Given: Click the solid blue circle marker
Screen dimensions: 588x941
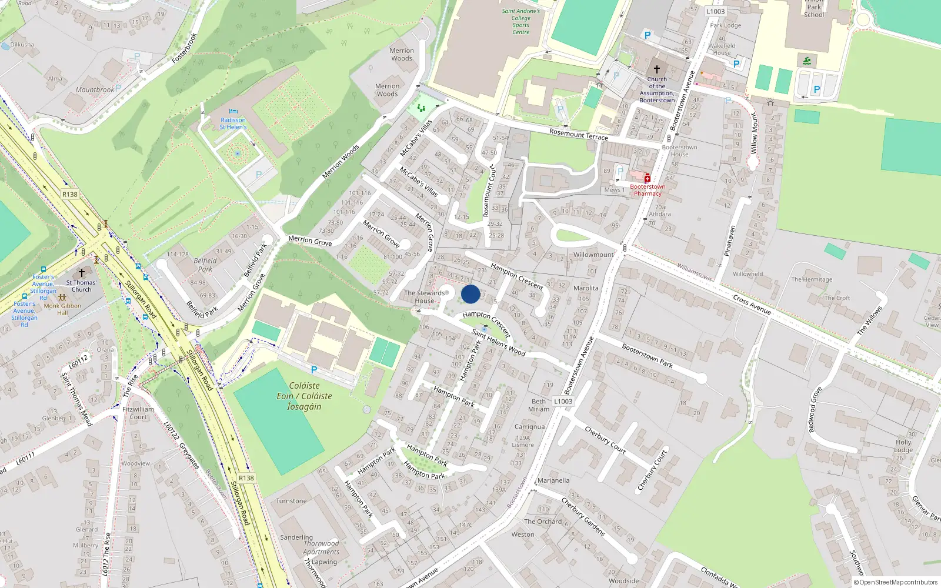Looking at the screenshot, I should (x=470, y=294).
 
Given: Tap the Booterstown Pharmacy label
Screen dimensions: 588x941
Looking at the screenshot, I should (x=648, y=190).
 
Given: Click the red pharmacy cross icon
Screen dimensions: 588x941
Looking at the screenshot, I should (x=648, y=178).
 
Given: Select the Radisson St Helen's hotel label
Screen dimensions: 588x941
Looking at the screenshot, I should (x=233, y=123).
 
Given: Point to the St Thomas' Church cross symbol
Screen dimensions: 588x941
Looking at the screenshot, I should (x=82, y=273).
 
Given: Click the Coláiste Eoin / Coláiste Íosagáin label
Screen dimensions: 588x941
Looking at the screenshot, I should (x=305, y=396).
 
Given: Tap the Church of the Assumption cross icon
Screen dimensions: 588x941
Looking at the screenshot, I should (x=657, y=69).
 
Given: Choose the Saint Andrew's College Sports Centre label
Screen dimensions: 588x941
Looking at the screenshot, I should (x=520, y=22).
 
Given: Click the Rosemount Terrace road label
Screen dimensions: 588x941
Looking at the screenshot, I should (x=579, y=134).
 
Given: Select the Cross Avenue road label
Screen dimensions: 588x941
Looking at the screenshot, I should (x=752, y=305).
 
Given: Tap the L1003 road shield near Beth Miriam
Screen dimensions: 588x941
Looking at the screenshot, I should (x=563, y=401).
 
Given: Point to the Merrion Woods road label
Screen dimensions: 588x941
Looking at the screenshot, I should (x=341, y=161).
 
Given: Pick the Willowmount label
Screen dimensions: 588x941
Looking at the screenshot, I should (x=593, y=255).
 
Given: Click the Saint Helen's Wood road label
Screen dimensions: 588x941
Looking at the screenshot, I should (x=498, y=342).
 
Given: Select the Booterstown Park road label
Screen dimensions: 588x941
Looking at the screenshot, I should (x=647, y=356).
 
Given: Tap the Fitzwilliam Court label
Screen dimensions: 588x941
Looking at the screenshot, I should (x=138, y=413).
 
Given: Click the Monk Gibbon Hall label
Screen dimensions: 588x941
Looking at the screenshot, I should (x=62, y=309).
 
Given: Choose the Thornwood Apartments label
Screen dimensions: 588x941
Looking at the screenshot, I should (x=321, y=547).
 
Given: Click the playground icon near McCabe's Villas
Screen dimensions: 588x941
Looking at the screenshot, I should (x=421, y=108).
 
